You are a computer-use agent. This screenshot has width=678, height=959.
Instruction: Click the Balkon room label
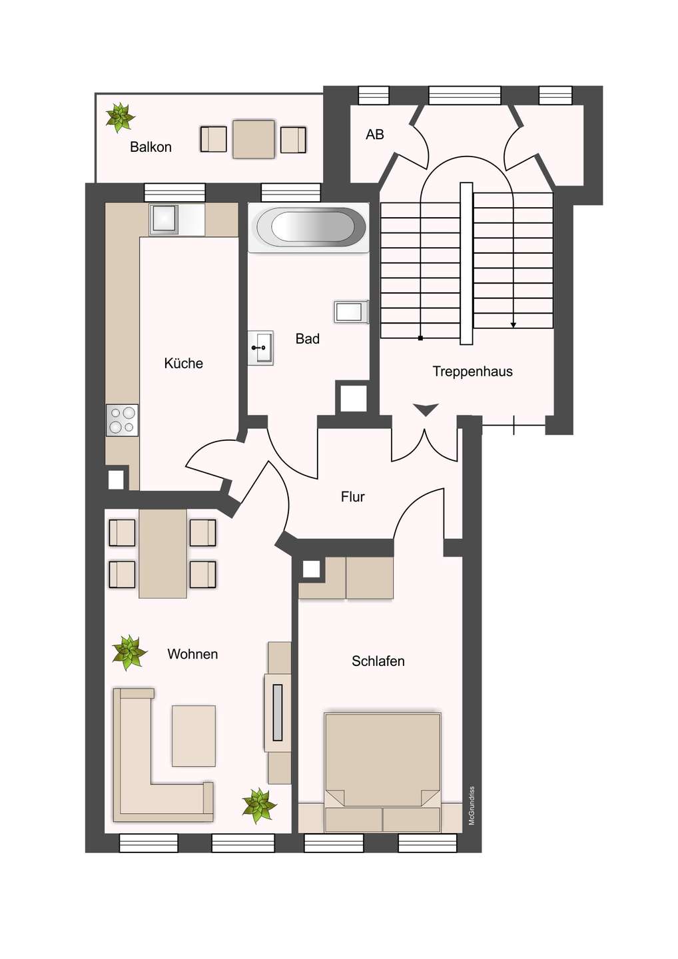point(151,147)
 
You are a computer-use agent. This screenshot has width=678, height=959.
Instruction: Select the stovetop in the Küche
point(122,420)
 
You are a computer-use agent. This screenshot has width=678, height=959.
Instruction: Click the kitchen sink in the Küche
point(164,218)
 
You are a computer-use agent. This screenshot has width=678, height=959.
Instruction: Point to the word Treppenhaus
point(472,372)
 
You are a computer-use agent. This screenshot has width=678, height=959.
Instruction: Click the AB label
point(375,135)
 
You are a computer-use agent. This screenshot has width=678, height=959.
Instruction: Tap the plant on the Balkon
point(120,117)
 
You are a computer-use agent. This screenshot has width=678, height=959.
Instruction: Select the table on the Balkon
point(253,139)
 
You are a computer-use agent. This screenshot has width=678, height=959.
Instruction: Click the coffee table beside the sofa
point(193,735)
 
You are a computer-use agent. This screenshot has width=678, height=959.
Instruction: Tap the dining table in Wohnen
point(163,553)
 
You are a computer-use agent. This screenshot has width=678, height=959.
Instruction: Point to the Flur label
point(352,497)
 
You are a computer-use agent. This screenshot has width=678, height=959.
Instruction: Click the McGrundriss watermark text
point(472,806)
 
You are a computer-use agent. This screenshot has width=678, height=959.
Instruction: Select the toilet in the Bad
point(350,312)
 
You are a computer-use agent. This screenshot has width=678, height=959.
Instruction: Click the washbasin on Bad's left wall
point(260,348)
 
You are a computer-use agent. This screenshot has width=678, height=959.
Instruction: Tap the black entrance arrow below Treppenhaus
point(426,409)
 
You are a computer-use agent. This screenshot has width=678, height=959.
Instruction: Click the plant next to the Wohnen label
point(129,652)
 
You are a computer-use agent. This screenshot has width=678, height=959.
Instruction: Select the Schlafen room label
point(378,661)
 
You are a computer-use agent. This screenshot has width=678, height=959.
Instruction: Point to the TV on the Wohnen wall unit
point(278,713)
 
